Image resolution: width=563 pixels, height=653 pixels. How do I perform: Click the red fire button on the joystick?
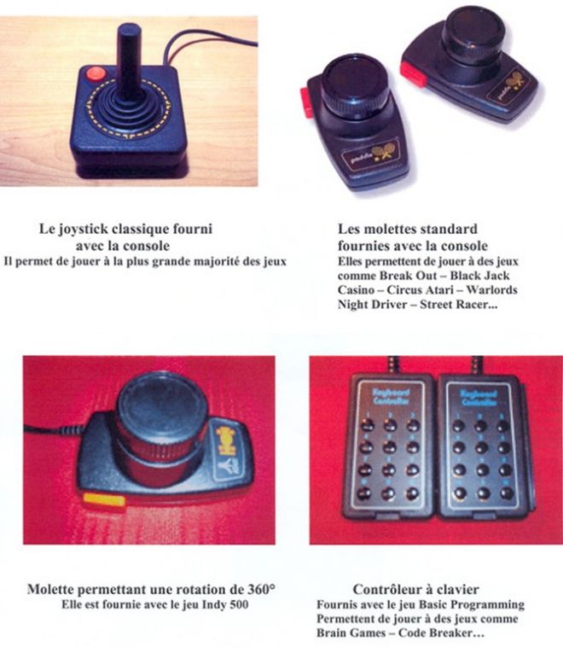click(95, 74)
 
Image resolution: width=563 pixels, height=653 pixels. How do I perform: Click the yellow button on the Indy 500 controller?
click(104, 498)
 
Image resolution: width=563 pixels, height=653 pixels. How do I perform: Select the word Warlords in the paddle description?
click(491, 289)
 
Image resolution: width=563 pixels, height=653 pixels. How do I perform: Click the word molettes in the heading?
click(391, 229)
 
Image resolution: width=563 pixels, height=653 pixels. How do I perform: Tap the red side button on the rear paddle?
click(413, 74)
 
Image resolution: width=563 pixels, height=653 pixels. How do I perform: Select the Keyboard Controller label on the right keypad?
click(479, 398)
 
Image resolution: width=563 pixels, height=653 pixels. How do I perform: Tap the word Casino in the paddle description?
click(356, 289)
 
